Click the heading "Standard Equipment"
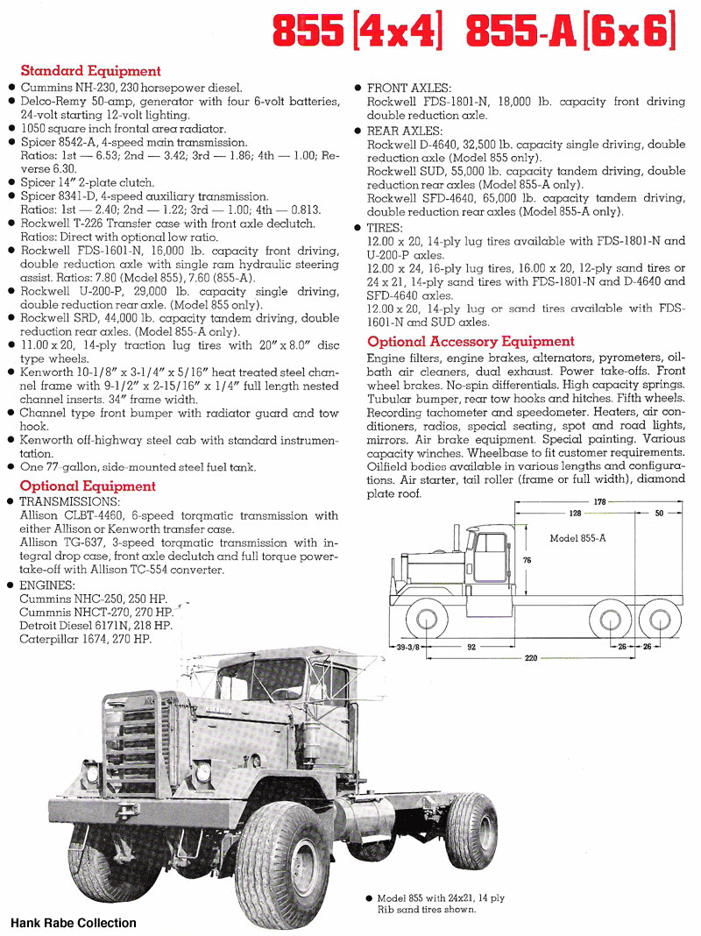[x=90, y=71]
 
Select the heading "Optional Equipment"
[x=88, y=486]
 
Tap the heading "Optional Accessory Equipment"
[x=471, y=342]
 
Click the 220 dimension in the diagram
[x=530, y=658]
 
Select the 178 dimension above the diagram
[x=600, y=502]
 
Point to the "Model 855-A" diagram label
[x=577, y=538]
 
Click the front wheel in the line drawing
[x=425, y=620]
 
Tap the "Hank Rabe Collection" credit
[x=74, y=923]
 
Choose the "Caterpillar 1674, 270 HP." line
[x=85, y=639]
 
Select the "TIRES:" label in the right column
[x=386, y=227]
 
